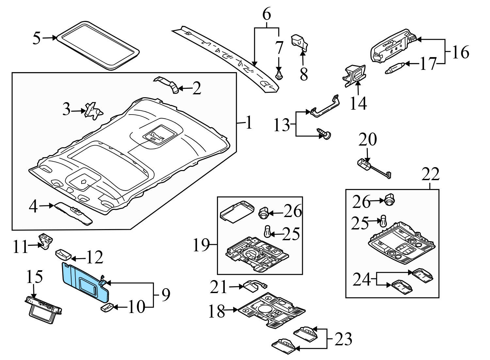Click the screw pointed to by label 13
tap(324, 133)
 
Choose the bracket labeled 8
tap(300, 43)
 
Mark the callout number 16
tap(460, 52)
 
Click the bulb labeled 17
tap(396, 69)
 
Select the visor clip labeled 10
tap(106, 307)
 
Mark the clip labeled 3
tap(93, 111)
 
